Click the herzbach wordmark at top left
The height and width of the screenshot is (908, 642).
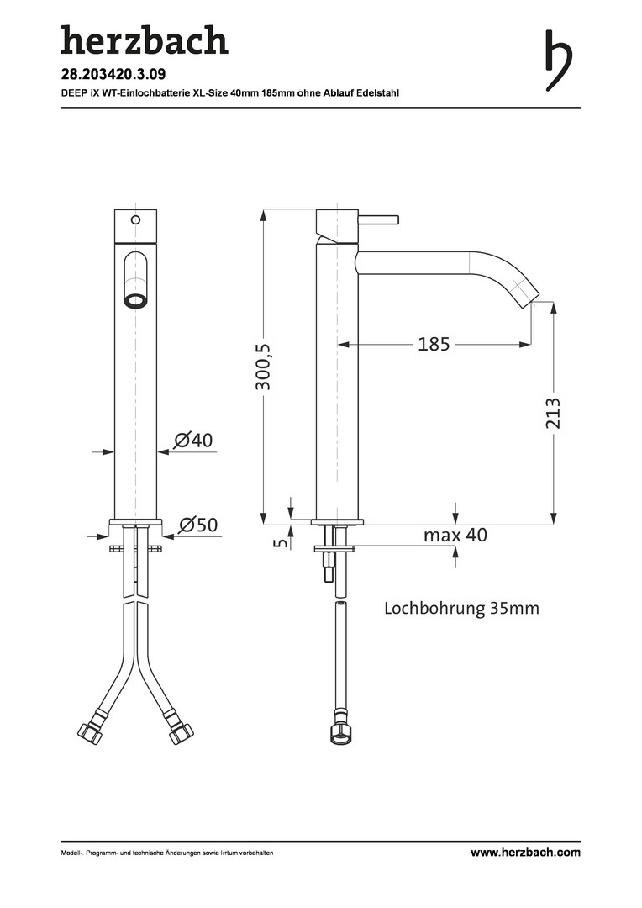(145, 40)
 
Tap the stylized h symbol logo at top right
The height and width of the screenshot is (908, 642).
(558, 61)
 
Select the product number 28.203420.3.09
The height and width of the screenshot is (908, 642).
(113, 74)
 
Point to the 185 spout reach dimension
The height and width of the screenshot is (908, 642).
(434, 344)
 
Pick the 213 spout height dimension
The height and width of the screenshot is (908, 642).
(554, 413)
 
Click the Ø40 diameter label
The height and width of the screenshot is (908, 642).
(193, 440)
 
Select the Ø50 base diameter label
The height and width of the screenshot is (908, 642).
(198, 525)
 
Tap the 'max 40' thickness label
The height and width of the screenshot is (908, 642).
(455, 535)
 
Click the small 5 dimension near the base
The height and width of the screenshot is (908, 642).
(282, 542)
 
